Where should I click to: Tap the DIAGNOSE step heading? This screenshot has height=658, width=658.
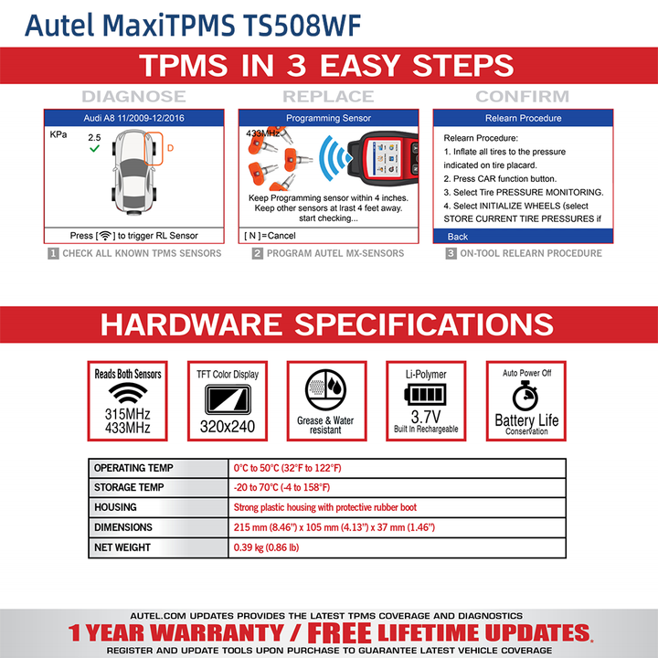pyautogui.click(x=133, y=96)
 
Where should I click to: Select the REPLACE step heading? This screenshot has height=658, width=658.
pyautogui.click(x=328, y=96)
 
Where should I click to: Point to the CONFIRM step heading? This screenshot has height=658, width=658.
pyautogui.click(x=523, y=96)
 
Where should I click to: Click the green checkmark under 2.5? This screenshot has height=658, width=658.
pyautogui.click(x=94, y=149)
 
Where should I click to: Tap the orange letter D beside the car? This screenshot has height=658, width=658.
pyautogui.click(x=170, y=148)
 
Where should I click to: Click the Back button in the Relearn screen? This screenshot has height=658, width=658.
pyautogui.click(x=458, y=236)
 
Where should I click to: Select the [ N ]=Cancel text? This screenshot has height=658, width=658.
pyautogui.click(x=271, y=236)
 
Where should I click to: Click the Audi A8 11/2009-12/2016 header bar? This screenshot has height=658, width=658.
pyautogui.click(x=135, y=118)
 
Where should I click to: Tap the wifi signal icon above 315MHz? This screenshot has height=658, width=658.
pyautogui.click(x=128, y=393)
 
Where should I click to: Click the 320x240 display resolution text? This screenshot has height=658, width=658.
pyautogui.click(x=228, y=426)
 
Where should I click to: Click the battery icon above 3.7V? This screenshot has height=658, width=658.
pyautogui.click(x=425, y=394)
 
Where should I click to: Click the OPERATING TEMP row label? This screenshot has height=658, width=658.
pyautogui.click(x=133, y=468)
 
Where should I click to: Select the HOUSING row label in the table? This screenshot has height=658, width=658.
pyautogui.click(x=115, y=507)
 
